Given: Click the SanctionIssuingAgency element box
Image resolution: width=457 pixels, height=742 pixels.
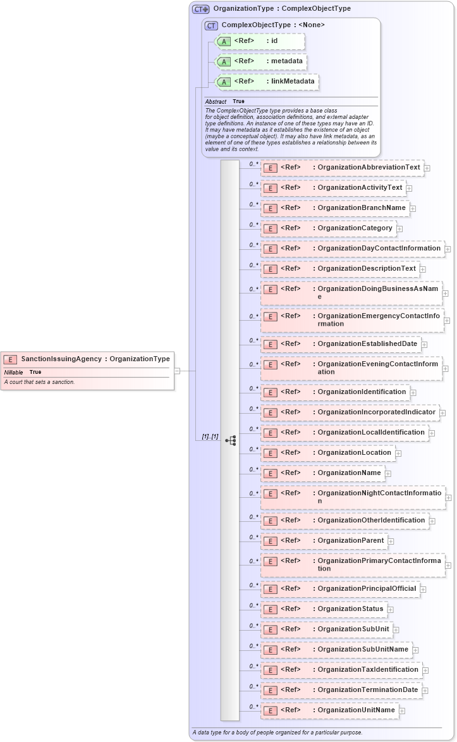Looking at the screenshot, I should pos(87,359).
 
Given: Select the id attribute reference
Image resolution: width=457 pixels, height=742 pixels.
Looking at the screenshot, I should pos(260,41).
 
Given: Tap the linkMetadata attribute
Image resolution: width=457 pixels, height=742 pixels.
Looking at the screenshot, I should pos(267,82).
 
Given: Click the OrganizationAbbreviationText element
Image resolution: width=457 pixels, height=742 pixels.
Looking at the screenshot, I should pos(342,168).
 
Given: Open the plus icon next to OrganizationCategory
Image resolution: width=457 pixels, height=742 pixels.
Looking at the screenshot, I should pos(399,228).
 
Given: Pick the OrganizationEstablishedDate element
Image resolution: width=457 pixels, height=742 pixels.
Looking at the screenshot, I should pos(341,344).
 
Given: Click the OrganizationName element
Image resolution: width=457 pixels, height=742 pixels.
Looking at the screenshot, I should pos(322,473).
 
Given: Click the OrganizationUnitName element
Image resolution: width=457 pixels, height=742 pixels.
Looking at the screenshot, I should pos(329,710).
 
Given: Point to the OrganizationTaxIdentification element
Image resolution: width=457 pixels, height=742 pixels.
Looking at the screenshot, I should pos(341,670).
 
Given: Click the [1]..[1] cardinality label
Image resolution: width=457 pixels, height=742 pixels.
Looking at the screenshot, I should pos(210,436).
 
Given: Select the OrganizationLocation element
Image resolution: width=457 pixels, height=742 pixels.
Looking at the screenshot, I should pos(327,453).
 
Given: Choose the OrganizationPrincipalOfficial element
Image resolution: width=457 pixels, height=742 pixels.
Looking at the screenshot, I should pos(340,589).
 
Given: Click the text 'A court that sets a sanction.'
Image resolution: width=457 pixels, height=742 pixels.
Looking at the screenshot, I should pos(39,382).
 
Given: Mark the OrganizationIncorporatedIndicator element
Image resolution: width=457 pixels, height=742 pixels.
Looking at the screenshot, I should pos(350,412).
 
